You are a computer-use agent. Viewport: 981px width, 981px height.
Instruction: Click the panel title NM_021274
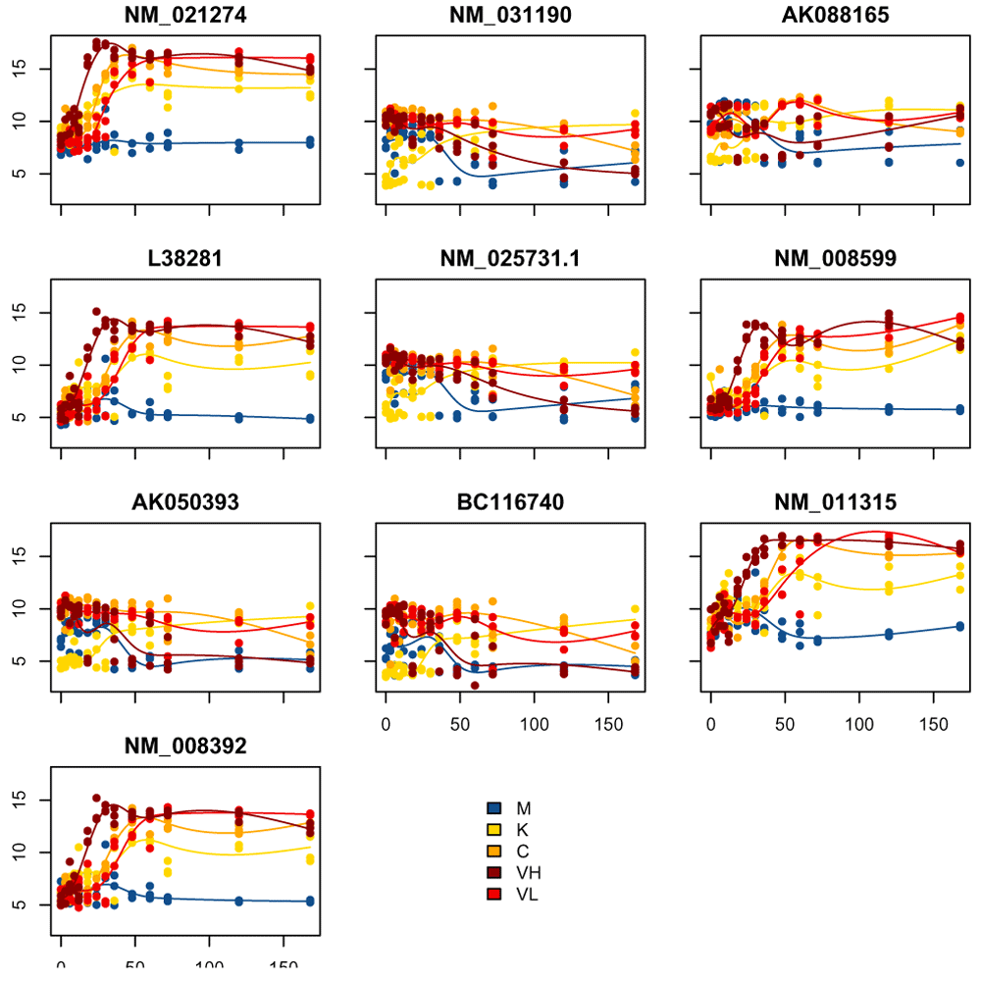186,17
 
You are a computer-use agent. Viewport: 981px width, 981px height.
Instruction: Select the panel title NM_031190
510,17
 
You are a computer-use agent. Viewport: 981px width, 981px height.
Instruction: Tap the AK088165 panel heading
834,17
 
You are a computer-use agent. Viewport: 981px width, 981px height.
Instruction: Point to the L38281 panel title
186,261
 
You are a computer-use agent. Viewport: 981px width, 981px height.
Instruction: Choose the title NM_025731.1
510,261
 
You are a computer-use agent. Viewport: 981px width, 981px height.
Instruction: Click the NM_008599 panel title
834,261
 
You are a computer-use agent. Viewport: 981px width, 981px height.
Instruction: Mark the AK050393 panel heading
186,504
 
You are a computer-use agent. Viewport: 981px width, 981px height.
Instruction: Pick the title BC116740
510,504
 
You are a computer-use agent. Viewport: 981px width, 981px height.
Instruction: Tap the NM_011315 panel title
834,504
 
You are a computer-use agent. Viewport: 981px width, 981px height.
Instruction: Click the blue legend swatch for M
494,807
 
